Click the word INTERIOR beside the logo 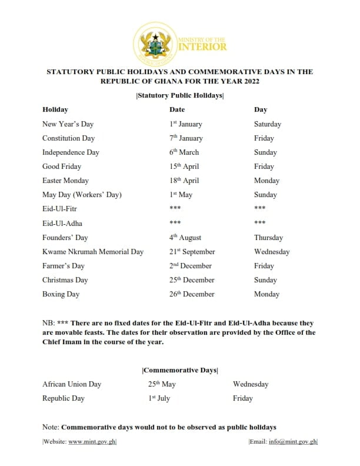pos(202,46)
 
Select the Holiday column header pos(55,109)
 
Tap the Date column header pos(177,109)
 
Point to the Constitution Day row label pos(68,138)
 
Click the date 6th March pos(184,152)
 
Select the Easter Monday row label pos(66,181)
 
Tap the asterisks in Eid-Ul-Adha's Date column pos(175,224)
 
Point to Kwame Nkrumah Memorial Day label pos(93,252)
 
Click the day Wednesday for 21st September pos(272,252)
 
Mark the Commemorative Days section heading pos(180,370)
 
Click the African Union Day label pos(72,384)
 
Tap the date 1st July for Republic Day pos(159,398)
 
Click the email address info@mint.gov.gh pos(294,442)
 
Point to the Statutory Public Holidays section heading pos(180,95)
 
